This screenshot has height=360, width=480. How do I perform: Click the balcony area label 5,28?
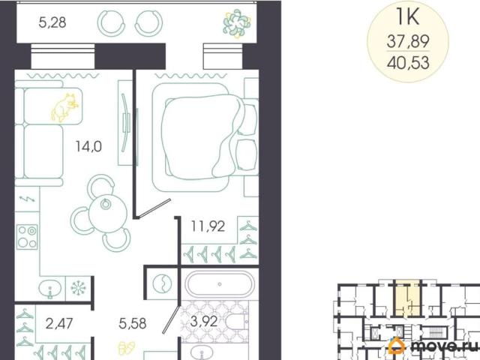[52, 22]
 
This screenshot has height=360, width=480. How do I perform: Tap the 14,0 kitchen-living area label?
[88, 147]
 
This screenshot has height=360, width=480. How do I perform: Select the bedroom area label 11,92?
[208, 226]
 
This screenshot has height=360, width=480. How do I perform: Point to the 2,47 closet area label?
[59, 323]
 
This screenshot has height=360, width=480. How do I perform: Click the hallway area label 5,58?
[133, 323]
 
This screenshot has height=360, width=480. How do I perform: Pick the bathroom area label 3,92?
[204, 321]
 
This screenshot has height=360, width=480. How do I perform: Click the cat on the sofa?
[64, 107]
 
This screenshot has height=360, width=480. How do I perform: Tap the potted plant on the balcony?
[237, 23]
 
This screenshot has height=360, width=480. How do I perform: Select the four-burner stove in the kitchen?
[27, 237]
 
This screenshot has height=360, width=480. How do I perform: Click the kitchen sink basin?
[50, 289]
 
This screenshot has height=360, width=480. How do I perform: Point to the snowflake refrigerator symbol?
[78, 288]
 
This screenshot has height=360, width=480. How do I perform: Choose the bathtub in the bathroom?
[220, 283]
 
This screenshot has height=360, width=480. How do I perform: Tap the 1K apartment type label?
[407, 17]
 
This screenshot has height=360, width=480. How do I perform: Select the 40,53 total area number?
[408, 63]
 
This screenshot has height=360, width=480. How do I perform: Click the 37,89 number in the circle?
[408, 41]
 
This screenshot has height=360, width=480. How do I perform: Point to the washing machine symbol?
[162, 283]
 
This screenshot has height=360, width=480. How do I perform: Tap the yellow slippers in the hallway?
[127, 348]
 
